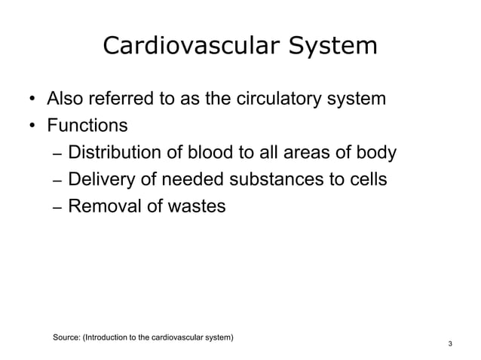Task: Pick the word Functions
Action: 87,125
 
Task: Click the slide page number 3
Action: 450,345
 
